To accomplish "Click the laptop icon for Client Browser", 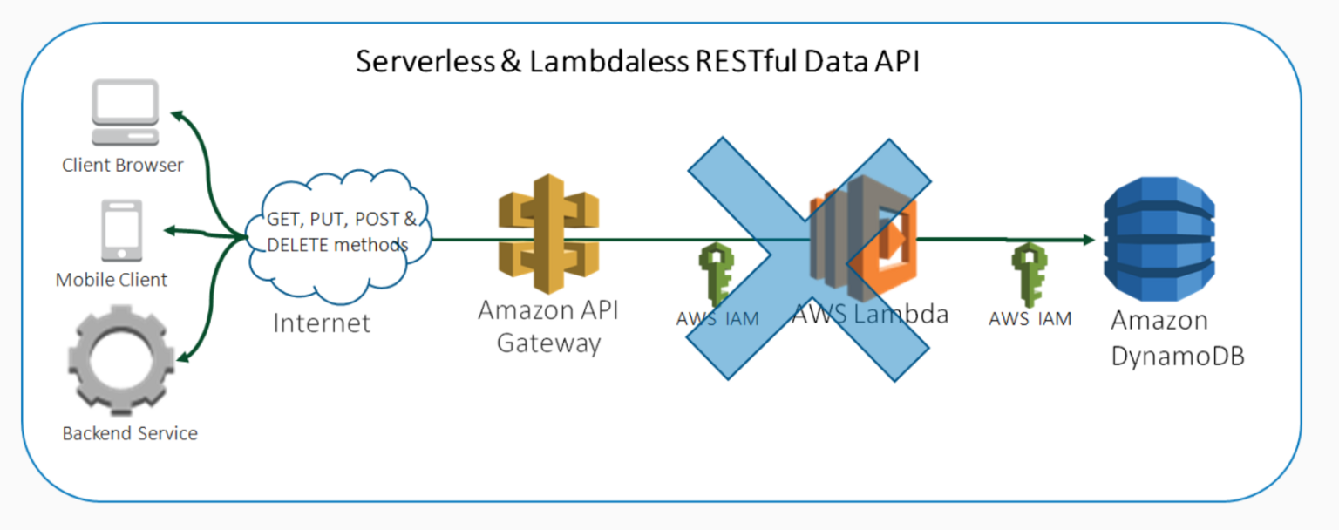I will pos(126,112).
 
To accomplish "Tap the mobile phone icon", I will pos(122,231).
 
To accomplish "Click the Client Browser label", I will pos(123,165).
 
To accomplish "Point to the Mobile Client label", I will pos(112,280).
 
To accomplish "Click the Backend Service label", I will pos(130,433).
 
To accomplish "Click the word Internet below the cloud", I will pos(322,323).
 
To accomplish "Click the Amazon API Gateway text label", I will pos(548,326).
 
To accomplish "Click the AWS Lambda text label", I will pos(869,314).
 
